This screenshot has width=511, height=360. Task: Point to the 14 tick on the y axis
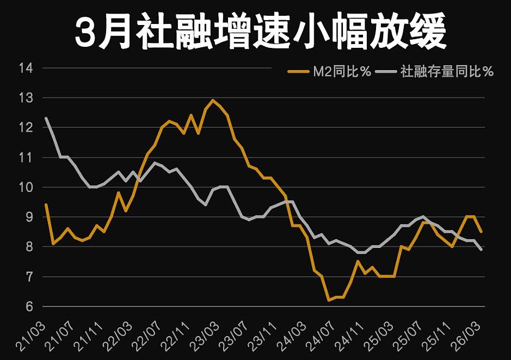click(x=26, y=69)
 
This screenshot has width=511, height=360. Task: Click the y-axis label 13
click(x=26, y=98)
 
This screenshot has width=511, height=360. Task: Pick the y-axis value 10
click(x=26, y=188)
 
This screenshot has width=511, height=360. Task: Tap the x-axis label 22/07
click(x=150, y=333)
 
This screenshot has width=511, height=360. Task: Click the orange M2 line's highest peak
click(x=213, y=100)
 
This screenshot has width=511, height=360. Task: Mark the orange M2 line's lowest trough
click(x=329, y=300)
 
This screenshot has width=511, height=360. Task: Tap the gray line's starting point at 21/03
click(x=46, y=118)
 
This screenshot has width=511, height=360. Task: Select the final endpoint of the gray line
click(x=481, y=250)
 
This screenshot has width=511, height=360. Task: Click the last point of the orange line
click(x=481, y=232)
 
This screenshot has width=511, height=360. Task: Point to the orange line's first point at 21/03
click(x=46, y=204)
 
